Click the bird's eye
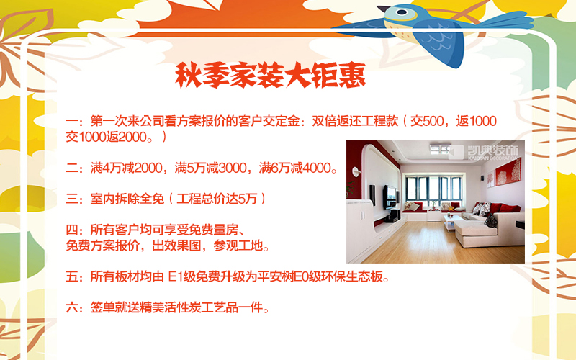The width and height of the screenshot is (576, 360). pyautogui.click(x=402, y=12)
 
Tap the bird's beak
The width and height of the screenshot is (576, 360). pyautogui.click(x=384, y=9)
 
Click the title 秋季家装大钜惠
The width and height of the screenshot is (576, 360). pyautogui.click(x=271, y=76)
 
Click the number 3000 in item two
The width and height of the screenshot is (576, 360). pyautogui.click(x=233, y=168)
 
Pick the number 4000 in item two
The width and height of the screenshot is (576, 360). pyautogui.click(x=317, y=168)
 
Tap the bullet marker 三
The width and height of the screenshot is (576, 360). pyautogui.click(x=72, y=199)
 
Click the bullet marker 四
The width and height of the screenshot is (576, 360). pyautogui.click(x=72, y=230)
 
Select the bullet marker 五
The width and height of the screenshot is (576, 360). pyautogui.click(x=72, y=276)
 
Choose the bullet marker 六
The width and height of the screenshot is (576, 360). pyautogui.click(x=72, y=307)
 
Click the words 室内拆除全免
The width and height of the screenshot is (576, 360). pyautogui.click(x=127, y=199)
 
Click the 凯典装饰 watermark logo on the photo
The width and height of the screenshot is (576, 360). pyautogui.click(x=484, y=152)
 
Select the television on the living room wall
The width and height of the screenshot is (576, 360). pyautogui.click(x=390, y=197)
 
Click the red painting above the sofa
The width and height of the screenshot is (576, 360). pyautogui.click(x=508, y=171)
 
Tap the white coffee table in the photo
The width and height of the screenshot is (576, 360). pyautogui.click(x=453, y=222)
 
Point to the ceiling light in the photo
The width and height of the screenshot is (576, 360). pyautogui.click(x=440, y=148)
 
